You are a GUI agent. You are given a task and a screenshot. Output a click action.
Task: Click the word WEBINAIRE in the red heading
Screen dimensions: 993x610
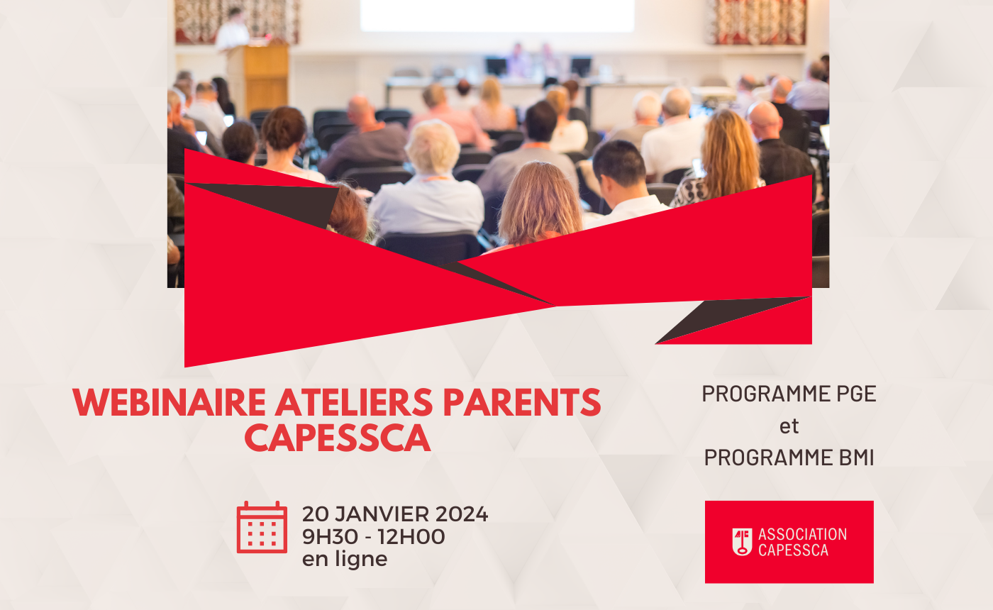(169, 402)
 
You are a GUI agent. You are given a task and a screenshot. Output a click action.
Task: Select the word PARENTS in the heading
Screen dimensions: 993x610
(522, 402)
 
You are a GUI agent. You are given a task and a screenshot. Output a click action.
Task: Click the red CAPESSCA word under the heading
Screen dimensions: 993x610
(338, 438)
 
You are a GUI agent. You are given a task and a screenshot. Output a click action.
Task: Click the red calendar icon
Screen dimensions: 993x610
(262, 528)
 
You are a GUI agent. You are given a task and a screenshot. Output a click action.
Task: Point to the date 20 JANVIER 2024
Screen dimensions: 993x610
(395, 514)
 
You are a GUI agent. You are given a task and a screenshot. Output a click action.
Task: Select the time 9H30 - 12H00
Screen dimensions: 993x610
(373, 536)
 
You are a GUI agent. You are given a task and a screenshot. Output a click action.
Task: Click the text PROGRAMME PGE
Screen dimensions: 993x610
(789, 394)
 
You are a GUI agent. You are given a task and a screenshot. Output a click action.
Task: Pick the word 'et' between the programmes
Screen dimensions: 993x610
(789, 426)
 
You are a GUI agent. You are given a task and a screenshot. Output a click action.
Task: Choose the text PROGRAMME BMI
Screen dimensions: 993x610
(789, 457)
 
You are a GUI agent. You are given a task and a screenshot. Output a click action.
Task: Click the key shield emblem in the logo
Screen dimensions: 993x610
(742, 542)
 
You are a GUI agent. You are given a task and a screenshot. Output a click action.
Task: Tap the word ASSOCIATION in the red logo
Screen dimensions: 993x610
(802, 534)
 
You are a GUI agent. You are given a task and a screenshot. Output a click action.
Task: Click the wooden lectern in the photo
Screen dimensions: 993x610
(258, 77)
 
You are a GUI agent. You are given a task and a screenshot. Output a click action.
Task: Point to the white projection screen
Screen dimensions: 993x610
(497, 16)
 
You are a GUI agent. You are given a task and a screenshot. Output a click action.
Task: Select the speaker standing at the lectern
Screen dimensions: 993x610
(233, 29)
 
